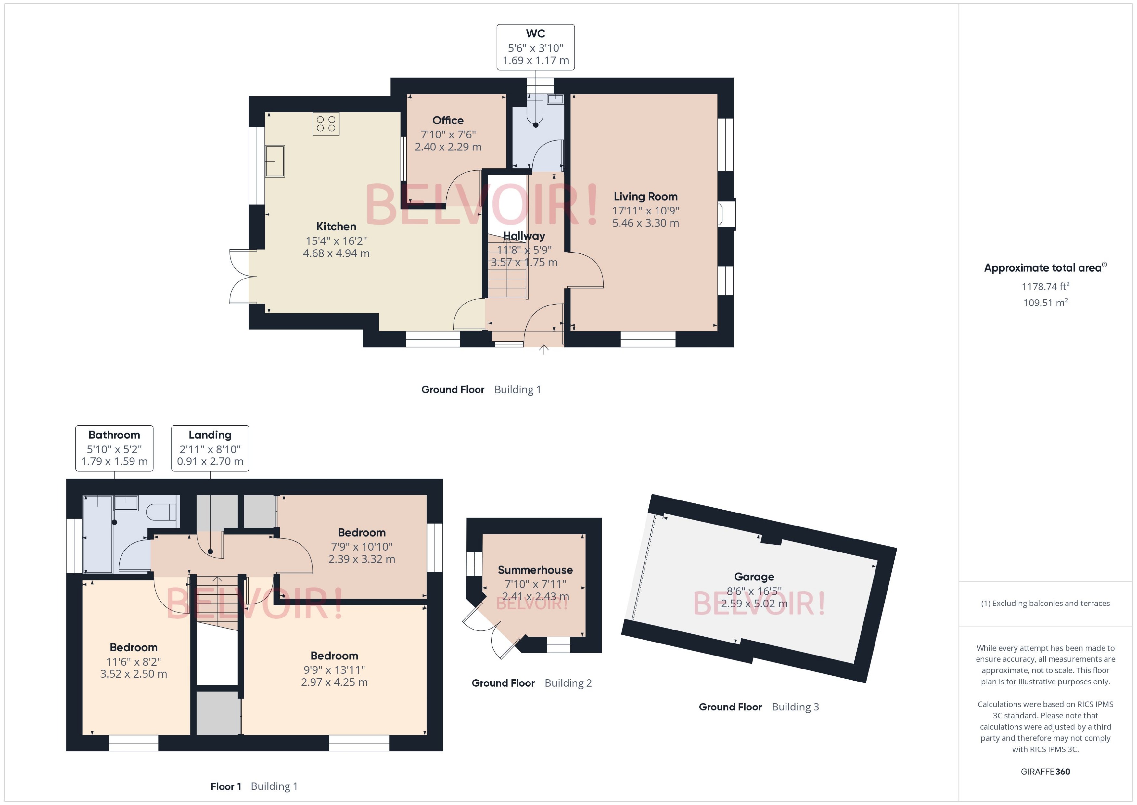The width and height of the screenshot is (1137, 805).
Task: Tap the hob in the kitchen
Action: tap(326, 124)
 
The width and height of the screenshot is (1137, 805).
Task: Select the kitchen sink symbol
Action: tap(275, 161)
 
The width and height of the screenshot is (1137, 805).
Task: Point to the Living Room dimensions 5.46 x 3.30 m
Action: tap(645, 223)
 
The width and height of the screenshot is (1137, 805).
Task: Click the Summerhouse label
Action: tap(535, 570)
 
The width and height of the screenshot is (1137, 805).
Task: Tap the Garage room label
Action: tap(754, 577)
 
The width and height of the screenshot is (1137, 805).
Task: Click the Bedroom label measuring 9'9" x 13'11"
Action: tap(334, 656)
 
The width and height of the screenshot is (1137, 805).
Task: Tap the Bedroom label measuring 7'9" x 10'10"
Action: tap(361, 532)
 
